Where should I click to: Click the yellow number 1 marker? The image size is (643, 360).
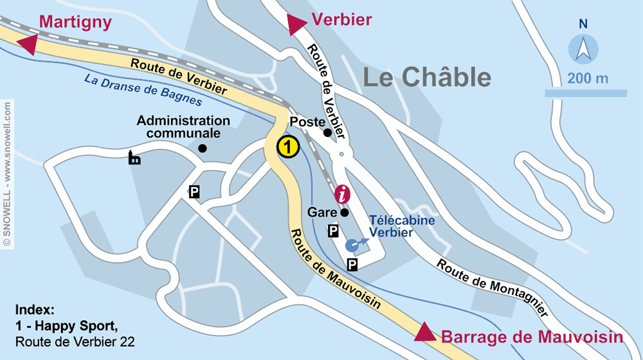click(288, 147)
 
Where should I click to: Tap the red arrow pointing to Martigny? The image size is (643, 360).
click(28, 44)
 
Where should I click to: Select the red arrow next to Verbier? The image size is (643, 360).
click(296, 24)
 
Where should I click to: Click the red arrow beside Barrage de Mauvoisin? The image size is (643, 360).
click(424, 332)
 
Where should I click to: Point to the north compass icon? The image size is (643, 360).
click(583, 49)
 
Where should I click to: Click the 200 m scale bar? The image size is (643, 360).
click(586, 93)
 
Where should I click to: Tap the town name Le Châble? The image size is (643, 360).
click(427, 78)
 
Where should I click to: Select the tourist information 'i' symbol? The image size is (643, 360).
click(343, 194)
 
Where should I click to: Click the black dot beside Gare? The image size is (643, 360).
click(345, 212)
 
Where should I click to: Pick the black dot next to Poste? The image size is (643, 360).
click(327, 133)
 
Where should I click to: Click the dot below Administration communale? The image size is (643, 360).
click(203, 148)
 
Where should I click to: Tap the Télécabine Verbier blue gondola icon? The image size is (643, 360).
click(352, 245)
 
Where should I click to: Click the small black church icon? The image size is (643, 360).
click(134, 157)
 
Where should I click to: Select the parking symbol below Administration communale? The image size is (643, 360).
click(194, 192)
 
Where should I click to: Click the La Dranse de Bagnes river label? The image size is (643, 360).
click(143, 91)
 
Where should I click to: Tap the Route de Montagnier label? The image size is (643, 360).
click(493, 288)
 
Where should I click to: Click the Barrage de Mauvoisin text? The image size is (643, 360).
click(532, 337)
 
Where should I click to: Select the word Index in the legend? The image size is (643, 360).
click(34, 310)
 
